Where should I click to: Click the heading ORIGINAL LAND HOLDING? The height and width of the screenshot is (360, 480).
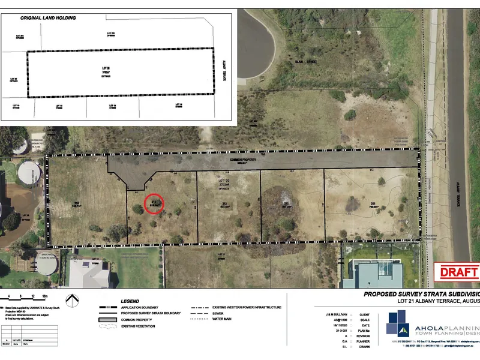point(49,18)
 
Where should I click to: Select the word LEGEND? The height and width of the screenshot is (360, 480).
point(130,301)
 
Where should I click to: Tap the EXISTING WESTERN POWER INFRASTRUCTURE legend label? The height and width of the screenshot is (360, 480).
point(247,307)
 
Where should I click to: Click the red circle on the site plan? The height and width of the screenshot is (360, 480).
point(155,205)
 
